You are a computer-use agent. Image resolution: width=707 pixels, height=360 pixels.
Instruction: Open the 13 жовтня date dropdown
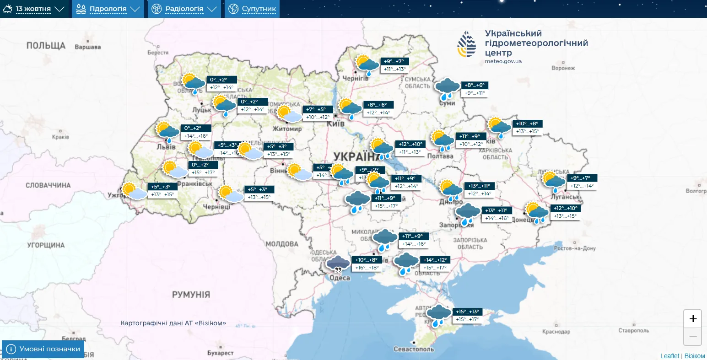(x=34, y=9)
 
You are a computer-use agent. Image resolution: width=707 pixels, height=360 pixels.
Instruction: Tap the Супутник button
(x=252, y=9)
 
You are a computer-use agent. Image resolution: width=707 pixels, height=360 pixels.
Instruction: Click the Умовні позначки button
(x=43, y=349)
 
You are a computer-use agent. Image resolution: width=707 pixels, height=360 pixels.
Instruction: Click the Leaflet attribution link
(x=670, y=356)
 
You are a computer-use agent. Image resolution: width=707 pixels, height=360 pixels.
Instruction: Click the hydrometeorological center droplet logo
(x=466, y=44)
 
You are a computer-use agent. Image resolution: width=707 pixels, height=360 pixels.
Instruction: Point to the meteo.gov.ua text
(x=503, y=61)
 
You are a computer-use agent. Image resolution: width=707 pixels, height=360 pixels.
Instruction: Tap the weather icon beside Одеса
(x=338, y=263)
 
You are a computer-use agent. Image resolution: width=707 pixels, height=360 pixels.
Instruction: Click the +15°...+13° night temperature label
(x=467, y=312)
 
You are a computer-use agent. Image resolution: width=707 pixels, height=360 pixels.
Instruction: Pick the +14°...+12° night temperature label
(x=435, y=260)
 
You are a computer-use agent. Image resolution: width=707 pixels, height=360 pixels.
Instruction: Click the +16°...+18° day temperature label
(x=367, y=268)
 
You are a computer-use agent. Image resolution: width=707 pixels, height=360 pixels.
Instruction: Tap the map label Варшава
(x=87, y=47)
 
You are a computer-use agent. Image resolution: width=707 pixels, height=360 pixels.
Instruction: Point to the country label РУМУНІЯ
(x=191, y=295)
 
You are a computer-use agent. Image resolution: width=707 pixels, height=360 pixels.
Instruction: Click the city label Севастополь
(x=414, y=349)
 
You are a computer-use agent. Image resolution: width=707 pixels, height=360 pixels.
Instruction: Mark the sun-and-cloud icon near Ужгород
(x=133, y=191)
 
